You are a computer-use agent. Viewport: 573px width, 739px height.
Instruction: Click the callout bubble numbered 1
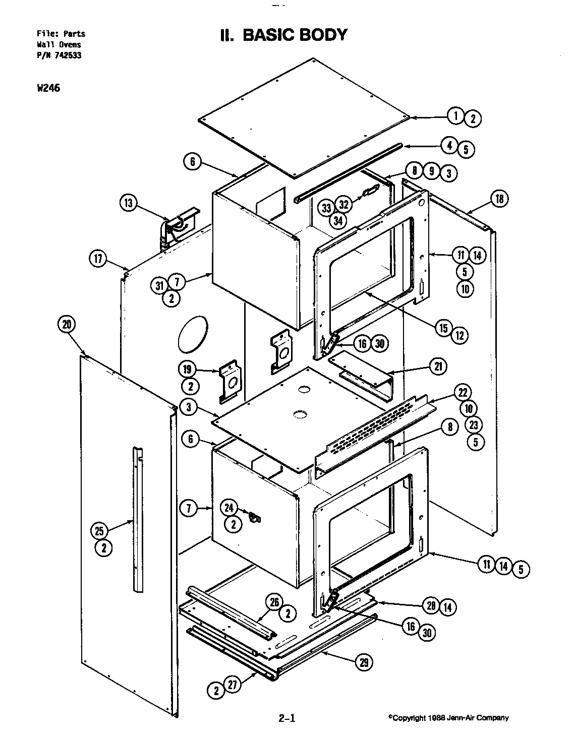pyautogui.click(x=455, y=116)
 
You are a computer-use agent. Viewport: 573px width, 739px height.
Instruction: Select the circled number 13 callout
pyautogui.click(x=129, y=203)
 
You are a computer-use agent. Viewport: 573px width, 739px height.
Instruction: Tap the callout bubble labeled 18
pyautogui.click(x=499, y=199)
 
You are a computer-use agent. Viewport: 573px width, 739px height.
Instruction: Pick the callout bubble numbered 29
pyautogui.click(x=364, y=663)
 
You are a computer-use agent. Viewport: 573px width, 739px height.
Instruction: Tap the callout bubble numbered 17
pyautogui.click(x=98, y=259)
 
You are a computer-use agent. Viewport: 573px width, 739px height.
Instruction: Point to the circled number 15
pyautogui.click(x=443, y=328)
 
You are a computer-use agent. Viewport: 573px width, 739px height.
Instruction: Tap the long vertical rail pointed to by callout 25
pyautogui.click(x=138, y=519)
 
